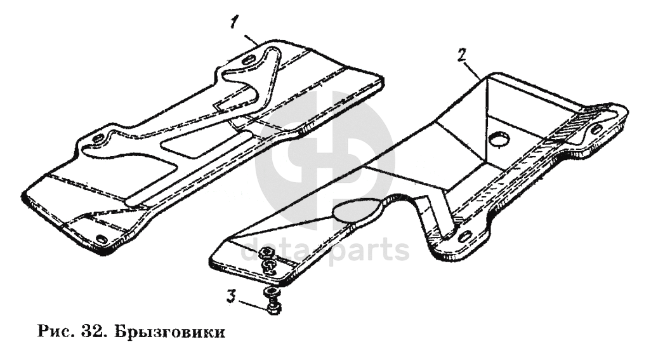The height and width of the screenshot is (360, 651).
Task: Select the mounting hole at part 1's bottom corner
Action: (x=100, y=239)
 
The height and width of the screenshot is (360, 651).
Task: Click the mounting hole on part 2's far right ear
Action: (x=596, y=128)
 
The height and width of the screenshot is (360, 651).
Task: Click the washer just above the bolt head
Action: (x=272, y=294)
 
